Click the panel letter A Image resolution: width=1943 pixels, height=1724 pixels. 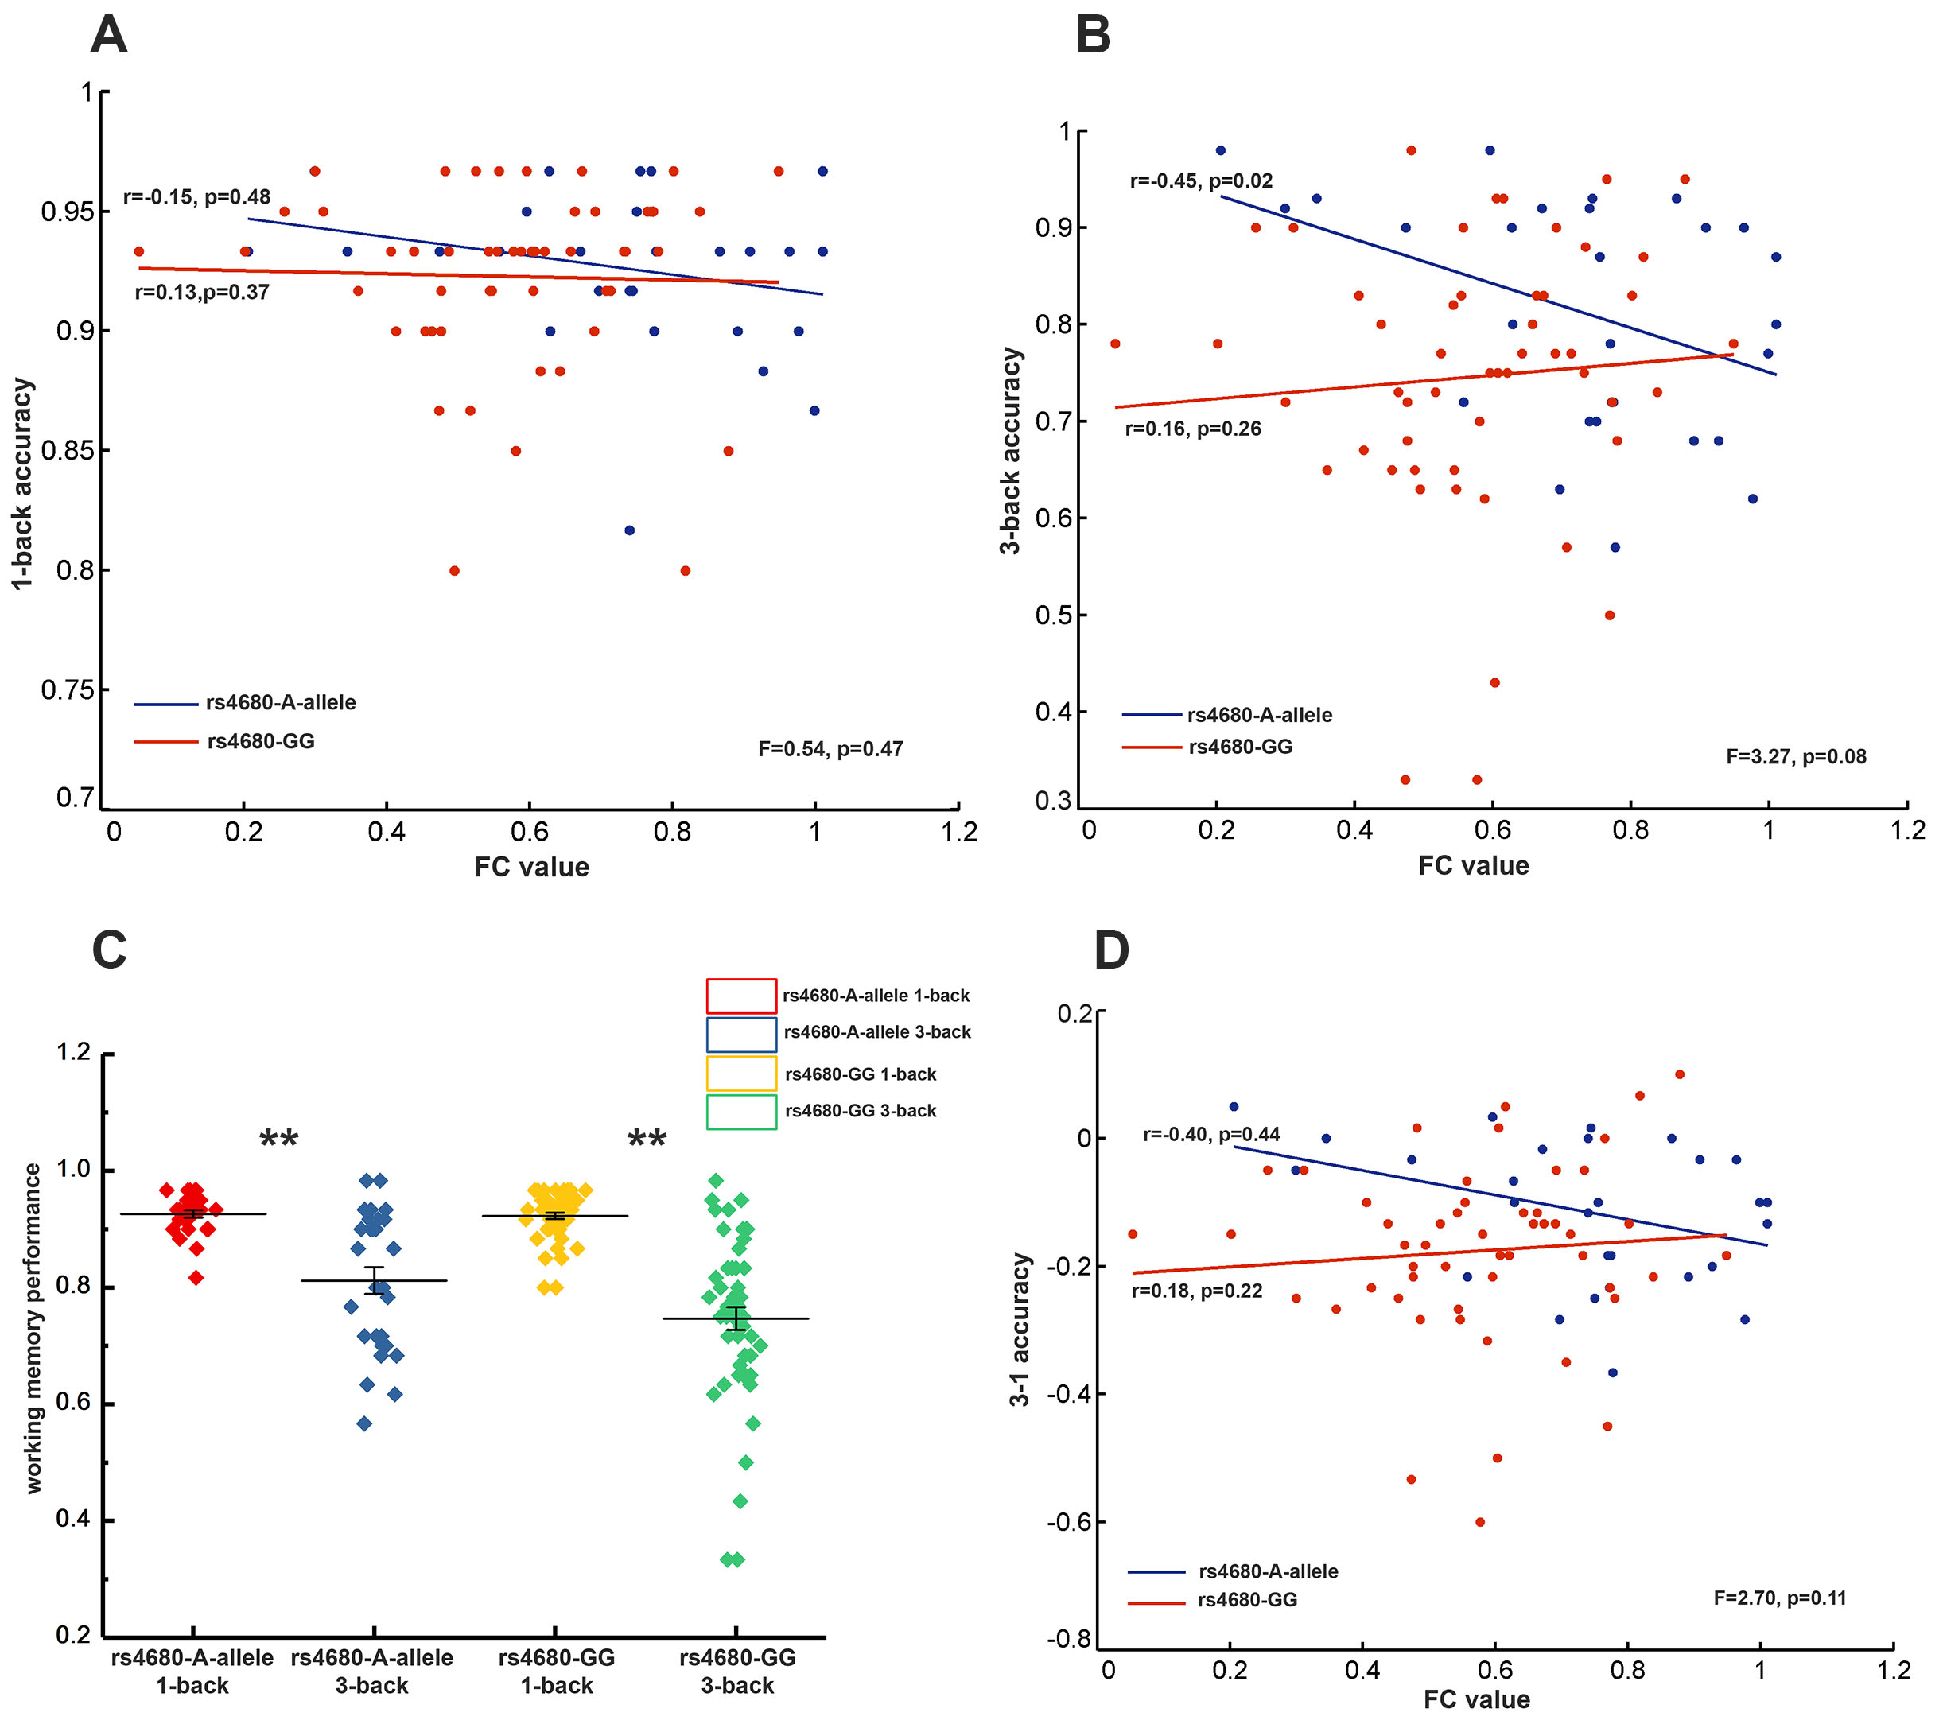[x=108, y=36]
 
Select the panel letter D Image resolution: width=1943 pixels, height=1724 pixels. [x=1111, y=950]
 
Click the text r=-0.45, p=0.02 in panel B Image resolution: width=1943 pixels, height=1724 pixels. [x=1201, y=181]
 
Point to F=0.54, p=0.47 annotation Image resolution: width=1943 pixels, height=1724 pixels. [x=830, y=749]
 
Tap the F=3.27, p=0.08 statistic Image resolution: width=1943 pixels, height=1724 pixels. [x=1796, y=756]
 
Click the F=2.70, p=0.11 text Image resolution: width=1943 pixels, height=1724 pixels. [x=1779, y=1598]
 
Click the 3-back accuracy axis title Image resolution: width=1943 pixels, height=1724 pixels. [x=1011, y=451]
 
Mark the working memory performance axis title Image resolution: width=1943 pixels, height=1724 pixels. [x=33, y=1329]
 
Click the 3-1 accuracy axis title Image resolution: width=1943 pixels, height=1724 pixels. [x=1020, y=1330]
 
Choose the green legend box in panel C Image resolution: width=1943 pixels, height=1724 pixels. [x=741, y=1112]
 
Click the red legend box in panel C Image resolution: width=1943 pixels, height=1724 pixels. [x=741, y=995]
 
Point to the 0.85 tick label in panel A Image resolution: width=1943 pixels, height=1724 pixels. [x=68, y=451]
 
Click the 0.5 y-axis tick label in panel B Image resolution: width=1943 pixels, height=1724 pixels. [x=1053, y=615]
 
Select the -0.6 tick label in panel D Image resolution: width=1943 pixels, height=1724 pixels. [x=1068, y=1521]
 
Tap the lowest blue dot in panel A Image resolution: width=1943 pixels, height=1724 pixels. [x=629, y=530]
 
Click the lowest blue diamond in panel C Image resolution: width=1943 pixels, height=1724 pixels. [x=364, y=1423]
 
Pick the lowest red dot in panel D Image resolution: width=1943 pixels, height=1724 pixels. [x=1480, y=1521]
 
